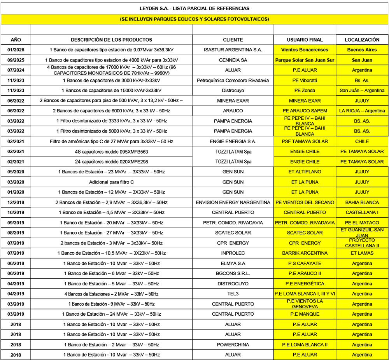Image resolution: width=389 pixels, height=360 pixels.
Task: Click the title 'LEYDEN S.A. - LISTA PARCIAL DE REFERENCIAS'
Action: tap(194, 8)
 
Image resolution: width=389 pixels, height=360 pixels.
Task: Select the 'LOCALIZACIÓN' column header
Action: tap(362, 40)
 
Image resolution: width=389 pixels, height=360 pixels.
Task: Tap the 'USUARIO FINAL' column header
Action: tap(305, 40)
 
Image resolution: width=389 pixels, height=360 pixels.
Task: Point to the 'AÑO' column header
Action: tap(16, 40)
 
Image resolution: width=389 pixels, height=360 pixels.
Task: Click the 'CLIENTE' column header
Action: tap(233, 40)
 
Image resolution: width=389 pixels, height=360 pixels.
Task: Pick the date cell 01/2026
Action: tap(16, 50)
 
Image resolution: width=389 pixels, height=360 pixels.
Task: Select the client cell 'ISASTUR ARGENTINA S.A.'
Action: tap(233, 50)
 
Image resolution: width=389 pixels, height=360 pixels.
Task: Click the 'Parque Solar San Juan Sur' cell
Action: tap(305, 60)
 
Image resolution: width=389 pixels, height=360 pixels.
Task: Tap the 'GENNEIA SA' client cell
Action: tap(233, 60)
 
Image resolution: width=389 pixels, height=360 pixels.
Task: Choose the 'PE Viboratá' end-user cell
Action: tap(305, 80)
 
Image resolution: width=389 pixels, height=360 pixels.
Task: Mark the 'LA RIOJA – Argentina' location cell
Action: tap(362, 111)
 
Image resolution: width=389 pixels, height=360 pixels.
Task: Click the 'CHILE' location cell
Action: tap(362, 142)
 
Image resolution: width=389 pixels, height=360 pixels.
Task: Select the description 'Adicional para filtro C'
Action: tap(112, 182)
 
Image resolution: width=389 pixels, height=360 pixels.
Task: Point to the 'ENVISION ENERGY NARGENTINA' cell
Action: tap(233, 203)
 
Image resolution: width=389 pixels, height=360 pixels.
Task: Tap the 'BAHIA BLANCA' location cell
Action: tap(362, 203)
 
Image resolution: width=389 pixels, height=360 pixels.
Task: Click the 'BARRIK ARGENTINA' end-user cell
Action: tap(305, 253)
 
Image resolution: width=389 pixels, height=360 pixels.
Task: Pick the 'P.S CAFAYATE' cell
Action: tap(305, 263)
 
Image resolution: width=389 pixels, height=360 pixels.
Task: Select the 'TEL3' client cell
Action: tap(233, 294)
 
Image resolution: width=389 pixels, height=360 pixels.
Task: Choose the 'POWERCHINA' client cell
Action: tap(233, 344)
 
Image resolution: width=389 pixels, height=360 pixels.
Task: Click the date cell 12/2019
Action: tap(16, 203)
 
